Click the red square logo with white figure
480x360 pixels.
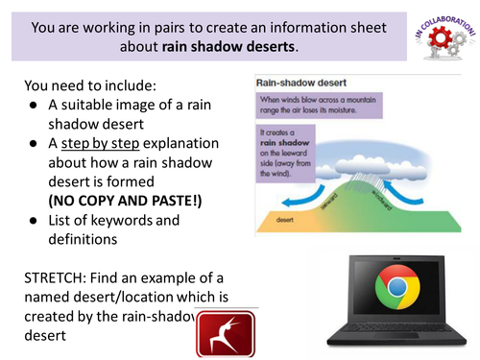[x=225, y=334]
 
